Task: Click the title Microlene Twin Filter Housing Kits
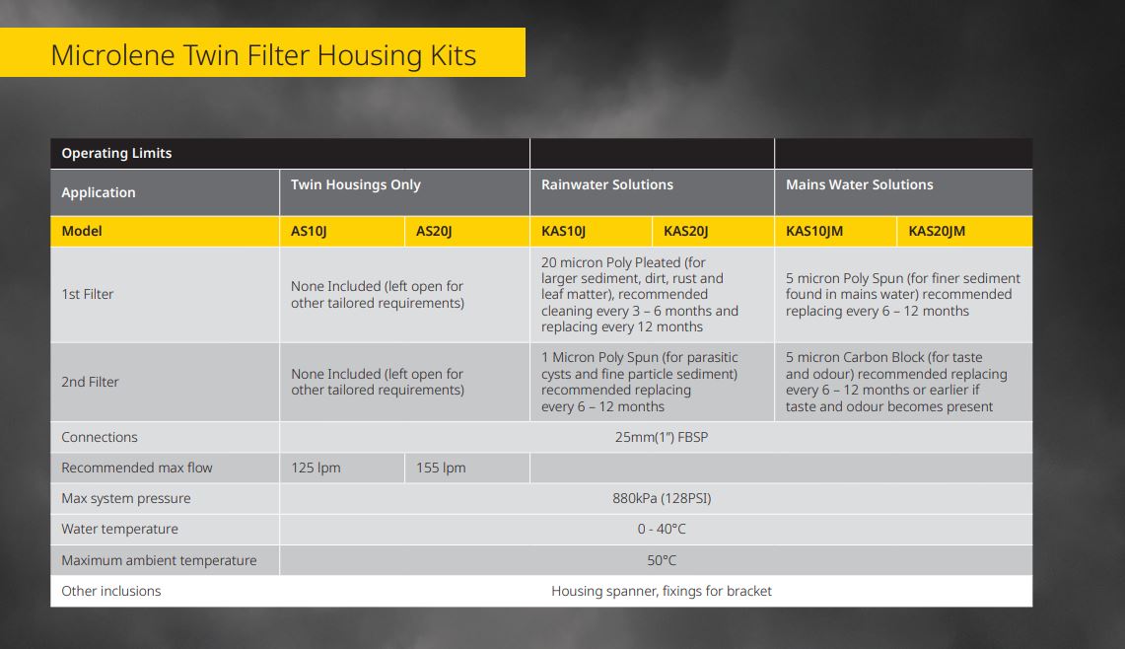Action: click(263, 54)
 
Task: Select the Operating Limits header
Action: click(116, 153)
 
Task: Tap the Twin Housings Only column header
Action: click(355, 184)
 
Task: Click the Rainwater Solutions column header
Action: click(607, 184)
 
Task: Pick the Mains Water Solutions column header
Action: click(859, 184)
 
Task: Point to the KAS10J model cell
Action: click(564, 231)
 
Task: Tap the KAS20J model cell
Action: click(686, 231)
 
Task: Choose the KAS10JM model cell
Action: click(814, 231)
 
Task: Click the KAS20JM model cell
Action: click(937, 231)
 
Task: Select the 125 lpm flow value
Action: click(316, 468)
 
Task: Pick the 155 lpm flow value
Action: click(441, 468)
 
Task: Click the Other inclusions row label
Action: click(110, 591)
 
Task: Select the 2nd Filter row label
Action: click(90, 382)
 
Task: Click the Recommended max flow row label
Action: click(136, 468)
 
